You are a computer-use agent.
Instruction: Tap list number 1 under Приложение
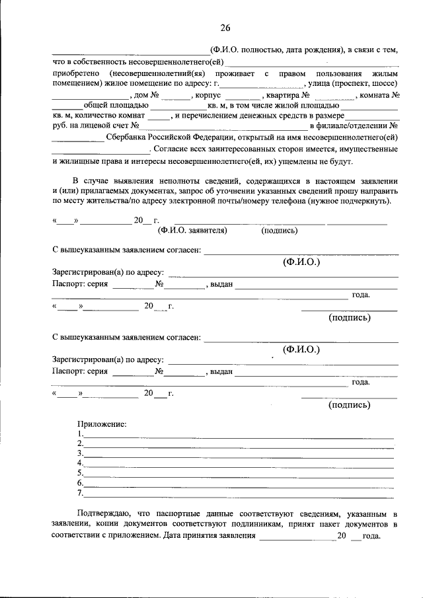(79, 433)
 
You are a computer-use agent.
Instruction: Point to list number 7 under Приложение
(79, 492)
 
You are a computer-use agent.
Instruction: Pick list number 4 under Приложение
(79, 463)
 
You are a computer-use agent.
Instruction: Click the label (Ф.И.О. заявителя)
(192, 231)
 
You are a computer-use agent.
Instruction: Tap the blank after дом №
(176, 96)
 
